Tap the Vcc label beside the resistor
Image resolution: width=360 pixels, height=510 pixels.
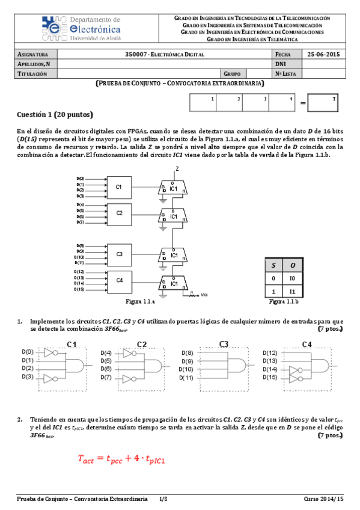204,295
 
